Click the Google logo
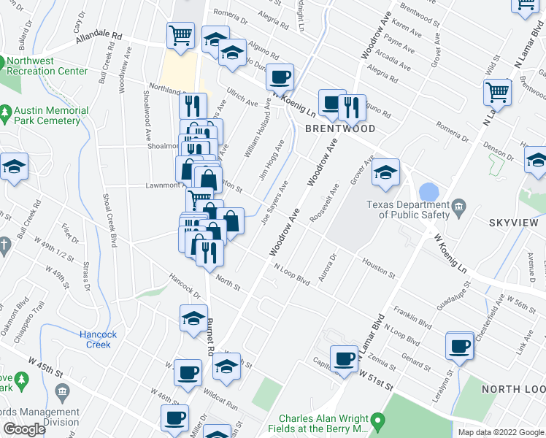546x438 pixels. tap(24, 429)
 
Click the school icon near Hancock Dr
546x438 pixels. tap(193, 318)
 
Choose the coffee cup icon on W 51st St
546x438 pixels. tap(343, 358)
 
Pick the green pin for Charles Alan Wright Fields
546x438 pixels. tap(377, 422)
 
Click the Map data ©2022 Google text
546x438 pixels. tap(500, 432)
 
